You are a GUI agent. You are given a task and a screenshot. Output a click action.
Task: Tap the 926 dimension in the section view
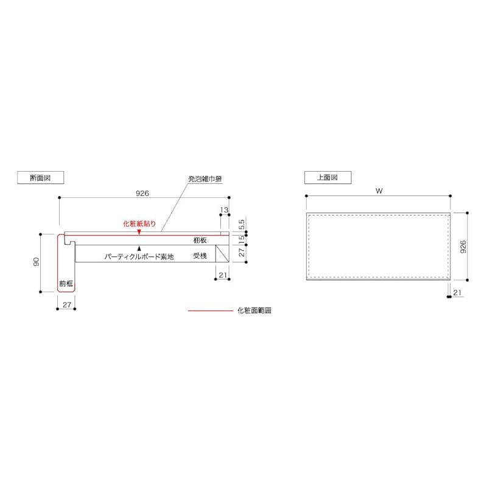pyautogui.click(x=142, y=193)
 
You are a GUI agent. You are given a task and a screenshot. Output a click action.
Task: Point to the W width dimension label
pyautogui.click(x=378, y=191)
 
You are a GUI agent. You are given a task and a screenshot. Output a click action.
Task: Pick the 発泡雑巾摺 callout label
pyautogui.click(x=205, y=180)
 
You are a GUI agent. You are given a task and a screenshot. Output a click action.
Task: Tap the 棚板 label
pyautogui.click(x=200, y=241)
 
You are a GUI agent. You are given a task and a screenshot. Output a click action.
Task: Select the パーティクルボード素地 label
pyautogui.click(x=139, y=257)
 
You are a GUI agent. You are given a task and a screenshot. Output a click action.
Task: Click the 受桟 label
pyautogui.click(x=200, y=256)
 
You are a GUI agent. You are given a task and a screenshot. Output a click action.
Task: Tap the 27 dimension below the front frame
pyautogui.click(x=67, y=303)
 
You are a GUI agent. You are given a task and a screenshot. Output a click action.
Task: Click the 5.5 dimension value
pyautogui.click(x=242, y=223)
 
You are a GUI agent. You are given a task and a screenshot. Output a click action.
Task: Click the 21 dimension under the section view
pyautogui.click(x=223, y=275)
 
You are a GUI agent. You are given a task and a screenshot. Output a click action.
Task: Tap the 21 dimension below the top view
pyautogui.click(x=457, y=293)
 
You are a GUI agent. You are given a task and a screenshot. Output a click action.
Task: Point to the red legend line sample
pyautogui.click(x=209, y=310)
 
